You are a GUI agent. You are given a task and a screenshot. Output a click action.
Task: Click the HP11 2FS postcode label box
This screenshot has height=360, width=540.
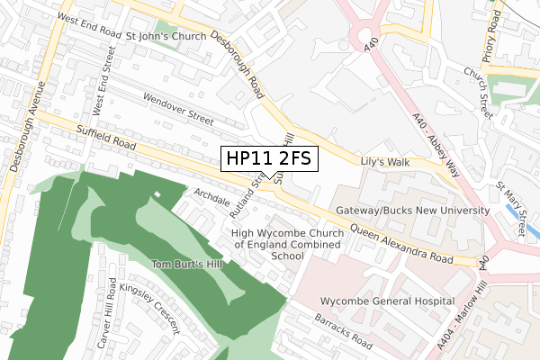pyautogui.click(x=268, y=159)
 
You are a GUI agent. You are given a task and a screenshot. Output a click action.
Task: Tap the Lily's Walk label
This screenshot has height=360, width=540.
pyautogui.click(x=384, y=161)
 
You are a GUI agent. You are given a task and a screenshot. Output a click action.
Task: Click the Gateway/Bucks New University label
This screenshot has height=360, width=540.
pyautogui.click(x=411, y=211)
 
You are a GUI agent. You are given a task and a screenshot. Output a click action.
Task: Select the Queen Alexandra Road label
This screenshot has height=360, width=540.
pyautogui.click(x=400, y=242)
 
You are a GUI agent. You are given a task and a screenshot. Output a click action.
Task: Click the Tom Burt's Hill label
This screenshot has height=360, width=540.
pyautogui.click(x=188, y=264)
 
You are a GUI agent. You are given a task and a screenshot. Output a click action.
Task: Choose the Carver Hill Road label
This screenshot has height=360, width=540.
pyautogui.click(x=111, y=310)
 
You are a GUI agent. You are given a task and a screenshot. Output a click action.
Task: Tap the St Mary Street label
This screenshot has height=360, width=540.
pyautogui.click(x=510, y=211)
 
